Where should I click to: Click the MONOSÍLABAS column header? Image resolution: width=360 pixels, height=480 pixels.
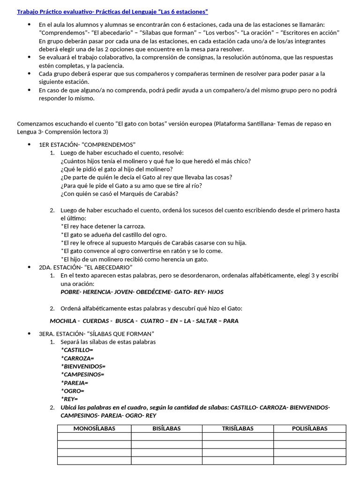click(94, 428)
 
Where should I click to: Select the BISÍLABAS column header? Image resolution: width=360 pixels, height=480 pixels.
click(166, 428)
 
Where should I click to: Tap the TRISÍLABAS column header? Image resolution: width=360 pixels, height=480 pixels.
click(238, 428)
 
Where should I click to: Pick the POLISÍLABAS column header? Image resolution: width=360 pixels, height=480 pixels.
click(309, 428)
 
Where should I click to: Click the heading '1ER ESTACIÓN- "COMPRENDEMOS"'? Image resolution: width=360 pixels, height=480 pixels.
click(87, 144)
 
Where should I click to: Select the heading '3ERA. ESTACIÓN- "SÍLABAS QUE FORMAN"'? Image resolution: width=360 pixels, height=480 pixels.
click(97, 334)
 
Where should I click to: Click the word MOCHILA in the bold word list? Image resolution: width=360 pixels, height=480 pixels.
click(63, 321)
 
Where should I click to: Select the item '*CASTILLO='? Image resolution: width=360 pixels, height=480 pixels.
click(77, 350)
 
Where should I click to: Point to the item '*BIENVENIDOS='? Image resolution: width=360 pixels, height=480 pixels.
click(83, 366)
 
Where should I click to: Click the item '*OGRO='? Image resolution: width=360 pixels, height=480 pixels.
click(73, 390)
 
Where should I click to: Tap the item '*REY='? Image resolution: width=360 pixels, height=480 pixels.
click(70, 399)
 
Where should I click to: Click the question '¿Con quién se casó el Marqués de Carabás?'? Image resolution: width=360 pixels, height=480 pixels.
click(119, 193)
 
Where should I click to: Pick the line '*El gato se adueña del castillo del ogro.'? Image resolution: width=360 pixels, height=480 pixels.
click(114, 234)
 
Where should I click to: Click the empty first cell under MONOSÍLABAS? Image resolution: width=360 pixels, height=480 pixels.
click(94, 436)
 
